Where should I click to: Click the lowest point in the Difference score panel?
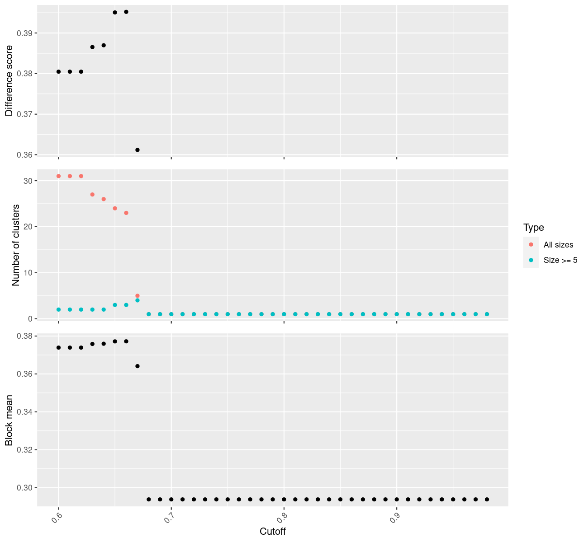tap(138, 150)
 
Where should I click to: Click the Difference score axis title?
tap(9, 81)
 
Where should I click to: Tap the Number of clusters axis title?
tap(16, 245)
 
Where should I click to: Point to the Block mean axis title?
tap(9, 421)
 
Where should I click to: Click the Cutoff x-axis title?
tap(273, 531)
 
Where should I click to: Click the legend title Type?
tap(533, 227)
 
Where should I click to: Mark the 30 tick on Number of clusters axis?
tap(28, 181)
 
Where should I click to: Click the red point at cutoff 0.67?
tap(138, 296)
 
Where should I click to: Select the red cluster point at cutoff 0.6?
tap(58, 176)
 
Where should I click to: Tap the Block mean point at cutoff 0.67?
tap(138, 366)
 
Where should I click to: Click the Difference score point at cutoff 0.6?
tap(58, 72)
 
